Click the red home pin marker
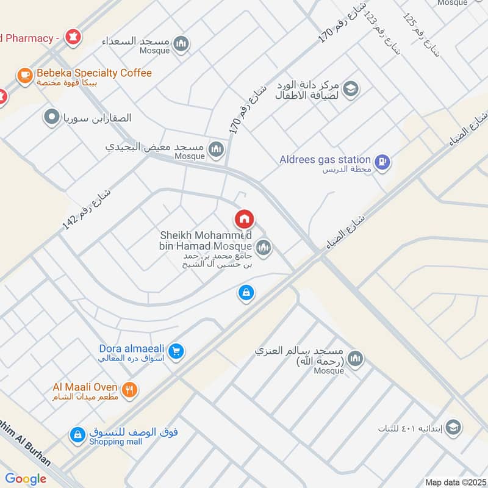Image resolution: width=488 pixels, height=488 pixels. click(244, 219)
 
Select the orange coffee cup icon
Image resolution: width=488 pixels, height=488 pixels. click(24, 75)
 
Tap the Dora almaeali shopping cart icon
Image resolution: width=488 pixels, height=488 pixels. click(177, 351)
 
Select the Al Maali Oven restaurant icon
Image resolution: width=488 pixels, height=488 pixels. click(129, 390)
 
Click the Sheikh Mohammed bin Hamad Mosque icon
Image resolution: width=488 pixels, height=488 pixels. click(264, 247)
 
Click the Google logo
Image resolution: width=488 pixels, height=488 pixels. click(26, 479)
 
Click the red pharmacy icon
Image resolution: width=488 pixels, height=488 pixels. click(74, 37)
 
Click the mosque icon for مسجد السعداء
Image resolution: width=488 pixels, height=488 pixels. click(181, 43)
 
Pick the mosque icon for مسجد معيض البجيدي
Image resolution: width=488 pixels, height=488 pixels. click(216, 149)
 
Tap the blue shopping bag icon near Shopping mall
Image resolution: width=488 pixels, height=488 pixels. click(77, 435)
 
